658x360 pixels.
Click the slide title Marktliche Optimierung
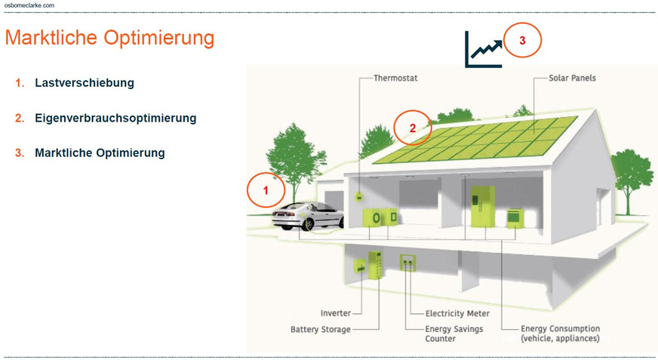(109, 38)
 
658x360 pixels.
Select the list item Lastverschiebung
(85, 83)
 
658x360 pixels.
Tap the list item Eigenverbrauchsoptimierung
(115, 118)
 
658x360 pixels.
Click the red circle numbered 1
(265, 191)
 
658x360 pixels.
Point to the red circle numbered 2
(413, 128)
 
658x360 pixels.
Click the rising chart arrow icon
(483, 50)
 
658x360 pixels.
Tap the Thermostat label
(395, 78)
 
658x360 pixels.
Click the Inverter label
(335, 313)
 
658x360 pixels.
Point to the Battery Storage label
(321, 330)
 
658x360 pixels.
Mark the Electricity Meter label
(457, 313)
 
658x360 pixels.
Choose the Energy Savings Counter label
(454, 334)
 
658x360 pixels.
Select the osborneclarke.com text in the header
(29, 5)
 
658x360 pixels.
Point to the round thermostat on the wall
(360, 197)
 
